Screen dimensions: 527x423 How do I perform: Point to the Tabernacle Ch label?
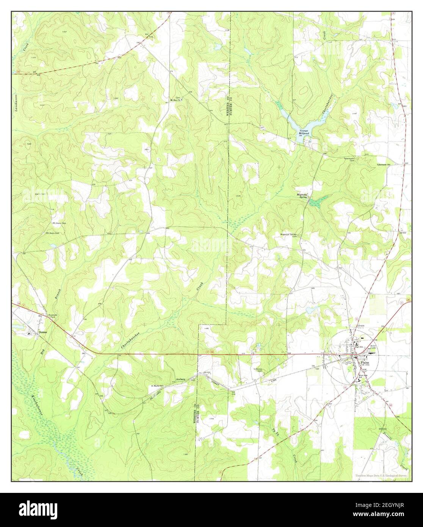click(385, 164)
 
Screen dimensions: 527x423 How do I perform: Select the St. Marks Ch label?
click(157, 386)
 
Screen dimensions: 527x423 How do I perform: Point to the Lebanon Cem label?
click(258, 369)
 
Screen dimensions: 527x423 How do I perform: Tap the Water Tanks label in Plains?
click(374, 347)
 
